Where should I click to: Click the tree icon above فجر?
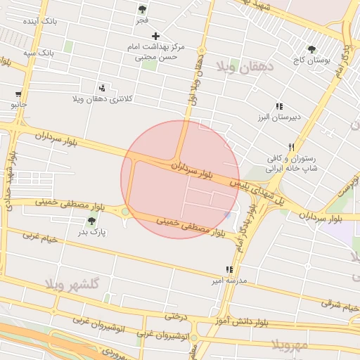(143, 10)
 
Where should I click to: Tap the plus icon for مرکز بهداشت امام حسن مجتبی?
(156, 36)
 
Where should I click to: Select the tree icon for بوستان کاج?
(311, 49)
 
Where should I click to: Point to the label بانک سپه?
(38, 53)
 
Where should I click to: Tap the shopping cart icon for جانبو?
(18, 94)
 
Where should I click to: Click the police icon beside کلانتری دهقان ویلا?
(103, 88)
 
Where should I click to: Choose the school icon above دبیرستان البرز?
(279, 106)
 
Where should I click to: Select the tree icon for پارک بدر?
(92, 221)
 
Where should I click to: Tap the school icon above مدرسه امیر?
(229, 269)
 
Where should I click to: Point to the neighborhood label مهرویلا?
(290, 345)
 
